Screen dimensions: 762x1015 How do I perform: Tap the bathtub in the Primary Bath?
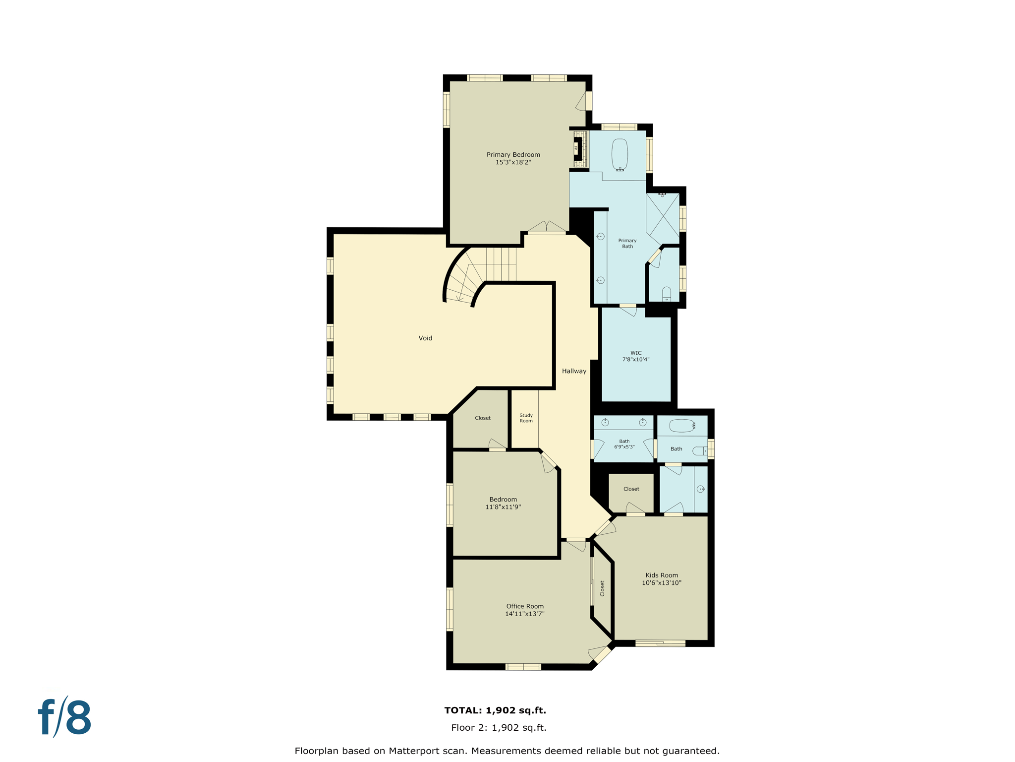coord(620,155)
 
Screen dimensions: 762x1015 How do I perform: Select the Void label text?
coord(425,338)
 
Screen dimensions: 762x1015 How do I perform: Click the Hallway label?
coord(574,371)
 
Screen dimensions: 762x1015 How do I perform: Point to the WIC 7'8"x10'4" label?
coord(636,356)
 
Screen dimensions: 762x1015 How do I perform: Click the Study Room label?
coord(526,418)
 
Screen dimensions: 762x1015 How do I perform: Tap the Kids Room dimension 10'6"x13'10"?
coord(662,583)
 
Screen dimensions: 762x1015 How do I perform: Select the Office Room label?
coord(525,606)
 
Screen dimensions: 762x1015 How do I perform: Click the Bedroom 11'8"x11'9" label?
coord(503,503)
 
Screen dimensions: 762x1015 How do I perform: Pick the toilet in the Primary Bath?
coord(667,294)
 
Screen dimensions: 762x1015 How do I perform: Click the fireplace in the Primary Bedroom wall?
coord(577,149)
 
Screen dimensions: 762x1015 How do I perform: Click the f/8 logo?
coord(65,717)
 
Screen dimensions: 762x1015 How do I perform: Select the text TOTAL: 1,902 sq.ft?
coord(495,710)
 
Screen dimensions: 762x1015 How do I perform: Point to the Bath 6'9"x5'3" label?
coord(624,444)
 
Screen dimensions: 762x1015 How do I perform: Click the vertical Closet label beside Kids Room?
coord(602,588)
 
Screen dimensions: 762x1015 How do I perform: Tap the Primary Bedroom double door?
coord(547,228)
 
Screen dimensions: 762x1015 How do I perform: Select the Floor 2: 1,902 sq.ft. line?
coord(499,728)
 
